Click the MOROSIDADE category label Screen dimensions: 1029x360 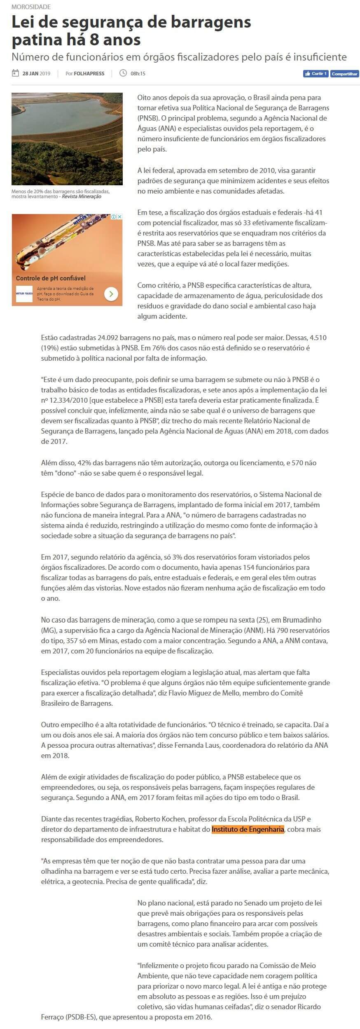[31, 7]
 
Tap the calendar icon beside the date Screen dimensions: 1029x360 [15, 73]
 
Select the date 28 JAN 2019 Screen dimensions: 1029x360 [36, 74]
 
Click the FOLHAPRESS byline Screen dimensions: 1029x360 [89, 74]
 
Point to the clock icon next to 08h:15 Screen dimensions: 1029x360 [123, 73]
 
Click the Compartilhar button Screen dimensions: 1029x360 [345, 74]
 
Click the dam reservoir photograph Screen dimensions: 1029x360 [67, 139]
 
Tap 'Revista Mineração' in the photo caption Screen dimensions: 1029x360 [82, 197]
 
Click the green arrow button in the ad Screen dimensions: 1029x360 [111, 294]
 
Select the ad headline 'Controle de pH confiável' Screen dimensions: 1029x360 [51, 278]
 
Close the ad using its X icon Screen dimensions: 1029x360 [119, 217]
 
